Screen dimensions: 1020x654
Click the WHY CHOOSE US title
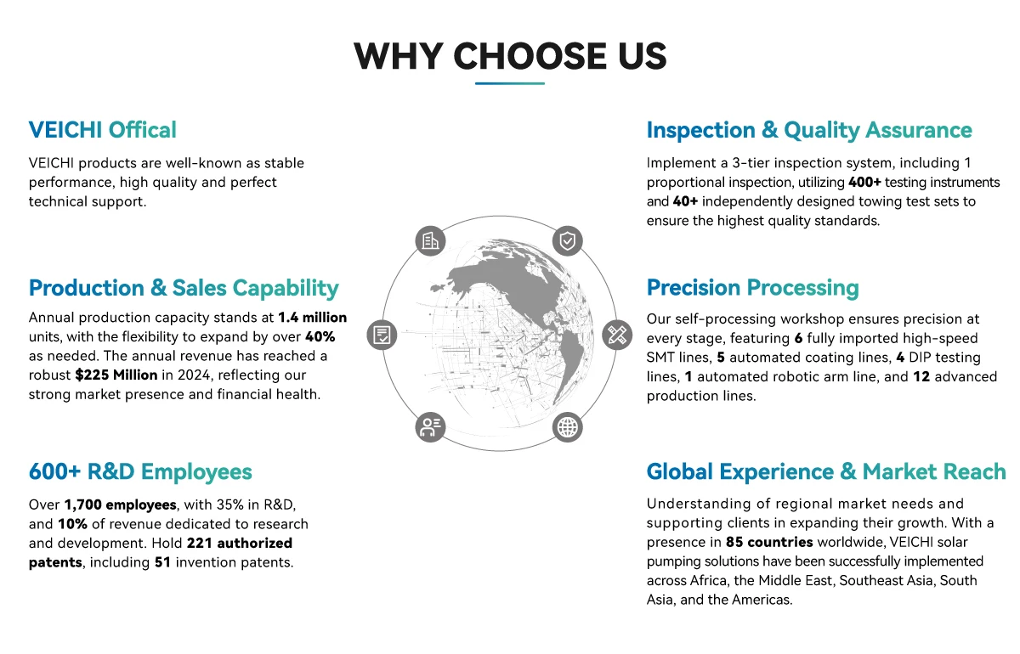click(x=510, y=56)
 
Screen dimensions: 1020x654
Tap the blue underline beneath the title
click(x=509, y=83)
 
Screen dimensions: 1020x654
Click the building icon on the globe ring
click(x=430, y=240)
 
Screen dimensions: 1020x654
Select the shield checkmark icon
click(x=568, y=240)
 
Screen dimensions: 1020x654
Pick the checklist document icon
click(x=382, y=335)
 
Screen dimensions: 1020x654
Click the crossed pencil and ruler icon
click(x=617, y=335)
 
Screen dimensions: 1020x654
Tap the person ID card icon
click(x=430, y=427)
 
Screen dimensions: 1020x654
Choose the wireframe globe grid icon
click(x=568, y=427)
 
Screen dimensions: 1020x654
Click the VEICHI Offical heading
click(x=103, y=130)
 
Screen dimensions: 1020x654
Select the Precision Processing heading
click(x=753, y=288)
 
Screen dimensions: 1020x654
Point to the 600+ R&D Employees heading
click(x=140, y=471)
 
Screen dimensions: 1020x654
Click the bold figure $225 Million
click(x=116, y=375)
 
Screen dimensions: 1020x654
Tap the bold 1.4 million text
click(x=313, y=317)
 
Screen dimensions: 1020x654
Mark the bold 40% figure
click(x=320, y=337)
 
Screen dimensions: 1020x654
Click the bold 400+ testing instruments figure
click(x=864, y=182)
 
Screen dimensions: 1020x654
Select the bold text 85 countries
click(x=769, y=542)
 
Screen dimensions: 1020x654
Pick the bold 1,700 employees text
click(x=120, y=505)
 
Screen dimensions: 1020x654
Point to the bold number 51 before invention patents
click(x=162, y=562)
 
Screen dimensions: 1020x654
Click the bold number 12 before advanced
click(x=921, y=376)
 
